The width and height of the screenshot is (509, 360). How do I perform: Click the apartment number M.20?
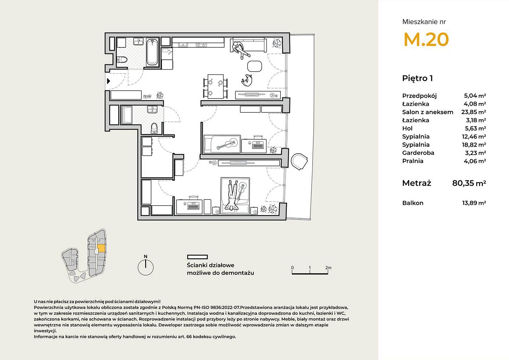click(x=426, y=39)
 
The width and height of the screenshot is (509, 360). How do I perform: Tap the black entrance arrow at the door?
click(x=109, y=81)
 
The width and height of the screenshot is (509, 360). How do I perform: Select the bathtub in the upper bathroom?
click(x=152, y=52)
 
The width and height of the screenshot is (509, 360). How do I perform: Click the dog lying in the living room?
click(x=247, y=80)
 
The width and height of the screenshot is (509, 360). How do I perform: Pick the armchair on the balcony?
click(x=299, y=162)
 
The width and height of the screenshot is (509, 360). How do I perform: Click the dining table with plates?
click(x=216, y=86)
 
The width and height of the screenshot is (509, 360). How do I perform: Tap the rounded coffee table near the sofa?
click(x=254, y=66)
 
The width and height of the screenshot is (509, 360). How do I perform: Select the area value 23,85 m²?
click(x=474, y=112)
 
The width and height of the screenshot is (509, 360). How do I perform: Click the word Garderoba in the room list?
click(x=418, y=153)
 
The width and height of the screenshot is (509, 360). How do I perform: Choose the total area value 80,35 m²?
click(x=469, y=183)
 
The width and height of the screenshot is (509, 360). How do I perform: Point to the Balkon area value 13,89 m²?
click(x=474, y=203)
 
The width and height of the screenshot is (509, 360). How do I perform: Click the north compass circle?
click(x=146, y=267)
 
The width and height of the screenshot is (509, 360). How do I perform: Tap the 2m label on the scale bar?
click(x=328, y=268)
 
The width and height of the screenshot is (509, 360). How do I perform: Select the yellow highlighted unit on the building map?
click(x=101, y=248)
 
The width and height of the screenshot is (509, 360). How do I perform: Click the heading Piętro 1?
click(x=418, y=78)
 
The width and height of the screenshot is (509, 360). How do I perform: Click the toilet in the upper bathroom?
click(x=122, y=60)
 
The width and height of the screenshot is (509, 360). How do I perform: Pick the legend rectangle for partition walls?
click(x=198, y=257)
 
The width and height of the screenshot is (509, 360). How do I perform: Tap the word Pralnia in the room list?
click(x=413, y=161)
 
